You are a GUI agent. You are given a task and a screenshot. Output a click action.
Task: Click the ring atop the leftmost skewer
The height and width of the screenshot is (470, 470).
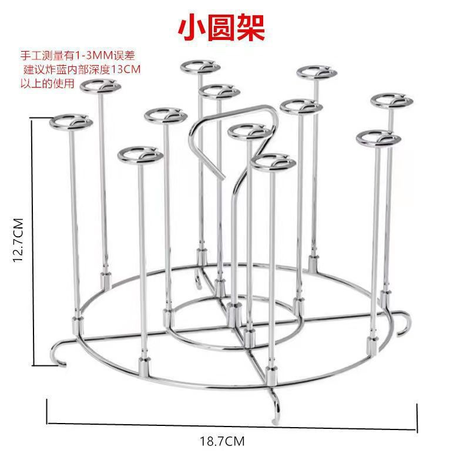click(70, 123)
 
